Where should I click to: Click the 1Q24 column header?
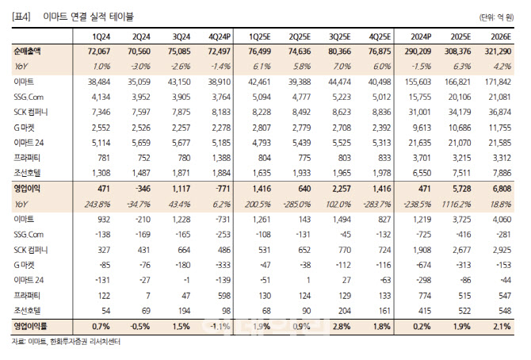coord(101,36)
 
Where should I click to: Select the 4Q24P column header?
coord(220,36)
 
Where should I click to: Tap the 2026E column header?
coord(501,36)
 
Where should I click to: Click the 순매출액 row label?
coord(27,52)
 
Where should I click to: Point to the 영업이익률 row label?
coord(30,326)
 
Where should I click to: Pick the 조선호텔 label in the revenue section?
coord(27,173)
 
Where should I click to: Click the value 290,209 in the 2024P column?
coord(418,52)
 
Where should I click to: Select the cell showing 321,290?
coord(498,52)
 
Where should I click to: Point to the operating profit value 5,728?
coord(461,189)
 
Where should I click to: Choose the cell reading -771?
coord(223,189)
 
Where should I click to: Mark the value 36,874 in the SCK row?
coord(499,113)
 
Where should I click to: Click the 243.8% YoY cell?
coord(97,205)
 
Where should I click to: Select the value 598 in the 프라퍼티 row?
coord(224,296)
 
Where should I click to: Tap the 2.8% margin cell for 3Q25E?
coord(342,327)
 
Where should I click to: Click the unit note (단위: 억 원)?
coord(496,17)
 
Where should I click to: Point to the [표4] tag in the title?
coord(21,17)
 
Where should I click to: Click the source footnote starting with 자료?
coord(66,341)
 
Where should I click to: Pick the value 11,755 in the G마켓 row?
coord(499,128)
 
